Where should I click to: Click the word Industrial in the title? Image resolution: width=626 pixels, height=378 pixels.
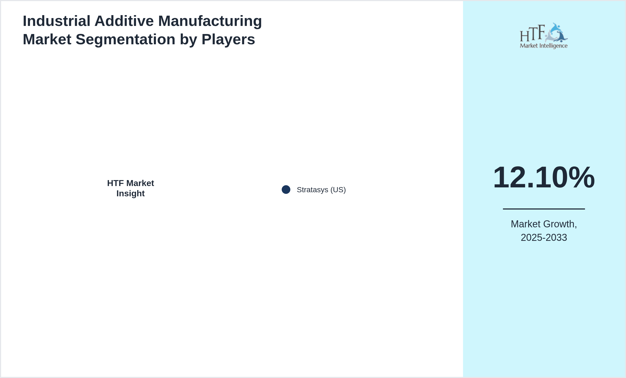57,21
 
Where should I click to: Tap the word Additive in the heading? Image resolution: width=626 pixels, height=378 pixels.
124,21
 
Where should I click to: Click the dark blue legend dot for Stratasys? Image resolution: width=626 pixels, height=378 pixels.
286,190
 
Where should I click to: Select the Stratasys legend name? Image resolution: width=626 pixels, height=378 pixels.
312,190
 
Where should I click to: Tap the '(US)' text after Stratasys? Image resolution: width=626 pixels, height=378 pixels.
338,190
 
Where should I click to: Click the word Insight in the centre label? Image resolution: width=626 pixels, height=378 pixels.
131,194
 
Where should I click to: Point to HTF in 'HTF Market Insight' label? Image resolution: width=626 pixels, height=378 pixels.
115,183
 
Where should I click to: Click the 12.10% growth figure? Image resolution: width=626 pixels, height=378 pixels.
544,177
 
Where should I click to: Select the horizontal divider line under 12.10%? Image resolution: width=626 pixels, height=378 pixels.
544,209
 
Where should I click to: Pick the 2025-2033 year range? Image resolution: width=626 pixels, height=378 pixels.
544,238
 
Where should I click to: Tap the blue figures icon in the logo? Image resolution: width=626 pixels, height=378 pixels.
556,33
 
